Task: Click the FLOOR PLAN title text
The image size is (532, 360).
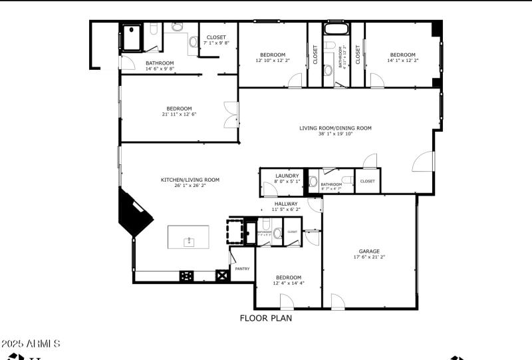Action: (265, 318)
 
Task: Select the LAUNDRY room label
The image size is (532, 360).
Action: (287, 176)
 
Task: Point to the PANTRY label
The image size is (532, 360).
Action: (242, 269)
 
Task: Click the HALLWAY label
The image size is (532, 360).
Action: (286, 204)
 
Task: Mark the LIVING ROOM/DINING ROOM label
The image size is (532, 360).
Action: (335, 128)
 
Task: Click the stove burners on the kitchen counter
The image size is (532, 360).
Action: (187, 275)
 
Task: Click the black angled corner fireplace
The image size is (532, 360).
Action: (133, 214)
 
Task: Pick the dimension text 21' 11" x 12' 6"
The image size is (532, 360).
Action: (179, 114)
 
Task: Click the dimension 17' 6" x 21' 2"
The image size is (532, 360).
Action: (369, 257)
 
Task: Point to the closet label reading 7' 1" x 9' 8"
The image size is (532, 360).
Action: (216, 43)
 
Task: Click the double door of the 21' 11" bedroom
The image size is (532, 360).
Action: (231, 114)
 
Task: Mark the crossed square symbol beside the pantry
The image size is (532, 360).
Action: (222, 275)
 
